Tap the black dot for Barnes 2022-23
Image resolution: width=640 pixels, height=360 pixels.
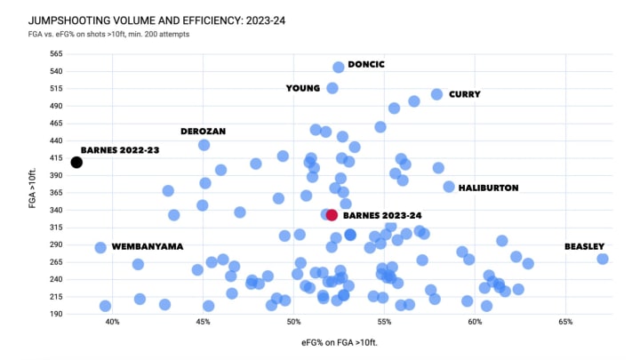76,162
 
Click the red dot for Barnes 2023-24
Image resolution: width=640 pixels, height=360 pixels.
332,215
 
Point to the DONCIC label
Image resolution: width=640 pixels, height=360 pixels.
366,65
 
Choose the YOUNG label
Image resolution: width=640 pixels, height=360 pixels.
302,88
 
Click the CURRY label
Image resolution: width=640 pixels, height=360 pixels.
465,94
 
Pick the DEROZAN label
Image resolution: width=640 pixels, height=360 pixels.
203,132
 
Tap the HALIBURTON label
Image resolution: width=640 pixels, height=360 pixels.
488,188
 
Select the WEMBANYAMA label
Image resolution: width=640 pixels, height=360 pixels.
148,246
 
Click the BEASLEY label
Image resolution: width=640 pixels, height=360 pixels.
585,246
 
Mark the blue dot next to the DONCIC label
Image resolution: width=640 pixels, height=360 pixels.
338,67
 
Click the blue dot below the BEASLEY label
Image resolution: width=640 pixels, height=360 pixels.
603,259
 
